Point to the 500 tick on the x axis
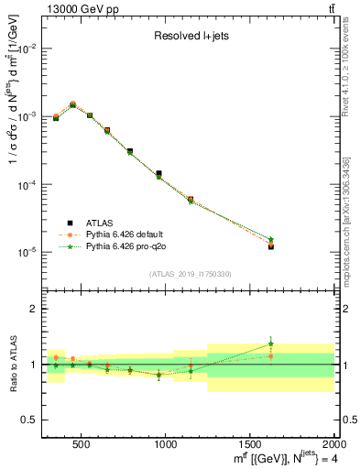pyautogui.click(x=81, y=444)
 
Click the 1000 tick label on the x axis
pyautogui.click(x=165, y=444)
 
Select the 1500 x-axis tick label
pyautogui.click(x=250, y=444)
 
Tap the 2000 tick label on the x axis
pyautogui.click(x=333, y=444)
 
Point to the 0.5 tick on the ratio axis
pyautogui.click(x=29, y=419)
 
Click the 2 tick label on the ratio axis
pyautogui.click(x=33, y=309)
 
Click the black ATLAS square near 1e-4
pyautogui.click(x=158, y=173)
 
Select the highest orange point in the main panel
pyautogui.click(x=72, y=104)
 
